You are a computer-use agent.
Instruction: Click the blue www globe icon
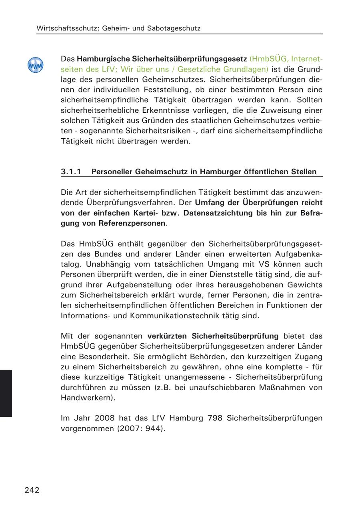36,65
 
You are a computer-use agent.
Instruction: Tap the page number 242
32,490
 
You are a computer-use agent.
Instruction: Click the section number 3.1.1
71,172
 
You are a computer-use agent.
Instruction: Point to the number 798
216,418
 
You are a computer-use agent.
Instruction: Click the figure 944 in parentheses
153,429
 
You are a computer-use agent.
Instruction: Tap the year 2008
105,418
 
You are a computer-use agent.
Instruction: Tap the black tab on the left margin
6,393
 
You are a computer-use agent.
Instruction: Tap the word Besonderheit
101,357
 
